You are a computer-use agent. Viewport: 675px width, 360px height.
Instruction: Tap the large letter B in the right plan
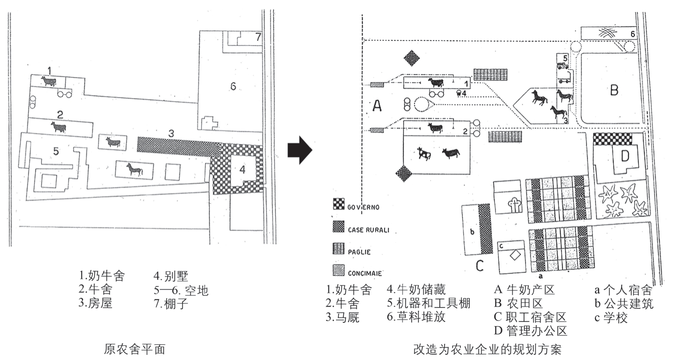tap(614, 90)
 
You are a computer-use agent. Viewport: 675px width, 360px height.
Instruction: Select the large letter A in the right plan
tap(377, 105)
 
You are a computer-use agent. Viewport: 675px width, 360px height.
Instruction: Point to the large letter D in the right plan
tap(624, 156)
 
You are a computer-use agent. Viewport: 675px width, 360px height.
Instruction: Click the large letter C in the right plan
tap(479, 265)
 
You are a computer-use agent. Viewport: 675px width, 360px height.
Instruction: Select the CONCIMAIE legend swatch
tap(339, 272)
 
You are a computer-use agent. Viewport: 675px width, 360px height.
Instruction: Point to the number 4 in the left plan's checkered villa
tap(242, 169)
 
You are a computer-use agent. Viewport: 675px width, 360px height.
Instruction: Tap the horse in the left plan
tap(133, 170)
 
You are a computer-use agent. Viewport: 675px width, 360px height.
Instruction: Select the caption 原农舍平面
tap(134, 349)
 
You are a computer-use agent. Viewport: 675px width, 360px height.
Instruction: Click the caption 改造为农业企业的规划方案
tap(487, 349)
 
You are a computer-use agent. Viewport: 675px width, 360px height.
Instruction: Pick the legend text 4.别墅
tap(171, 275)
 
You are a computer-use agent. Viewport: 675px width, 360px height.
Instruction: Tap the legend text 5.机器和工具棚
tap(428, 303)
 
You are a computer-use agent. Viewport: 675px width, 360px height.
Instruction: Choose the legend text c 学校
tap(610, 317)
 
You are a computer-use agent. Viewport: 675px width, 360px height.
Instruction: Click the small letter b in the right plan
tap(472, 232)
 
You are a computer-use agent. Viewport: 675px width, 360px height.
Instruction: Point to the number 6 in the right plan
tap(632, 33)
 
